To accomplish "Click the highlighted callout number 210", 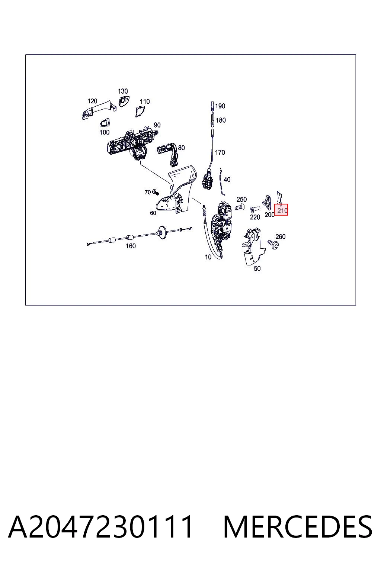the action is tap(282, 211).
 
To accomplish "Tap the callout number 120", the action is tap(92, 101).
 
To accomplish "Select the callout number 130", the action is tap(123, 91).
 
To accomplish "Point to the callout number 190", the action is tap(220, 106).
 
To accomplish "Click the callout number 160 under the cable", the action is tap(131, 246).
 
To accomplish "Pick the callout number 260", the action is tap(281, 237).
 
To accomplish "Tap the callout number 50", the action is tap(257, 268).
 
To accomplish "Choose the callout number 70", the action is tap(148, 193).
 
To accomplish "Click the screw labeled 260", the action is tap(273, 244).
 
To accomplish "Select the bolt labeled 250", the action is tap(239, 206).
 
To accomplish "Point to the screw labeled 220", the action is tap(255, 210).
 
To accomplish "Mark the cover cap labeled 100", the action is tap(105, 123).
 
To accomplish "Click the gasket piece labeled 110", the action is tap(140, 112).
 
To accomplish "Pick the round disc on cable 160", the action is tap(161, 232).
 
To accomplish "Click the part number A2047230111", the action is tap(100, 527).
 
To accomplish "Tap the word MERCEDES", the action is tap(298, 527).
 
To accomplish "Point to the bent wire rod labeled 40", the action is tap(222, 181).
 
